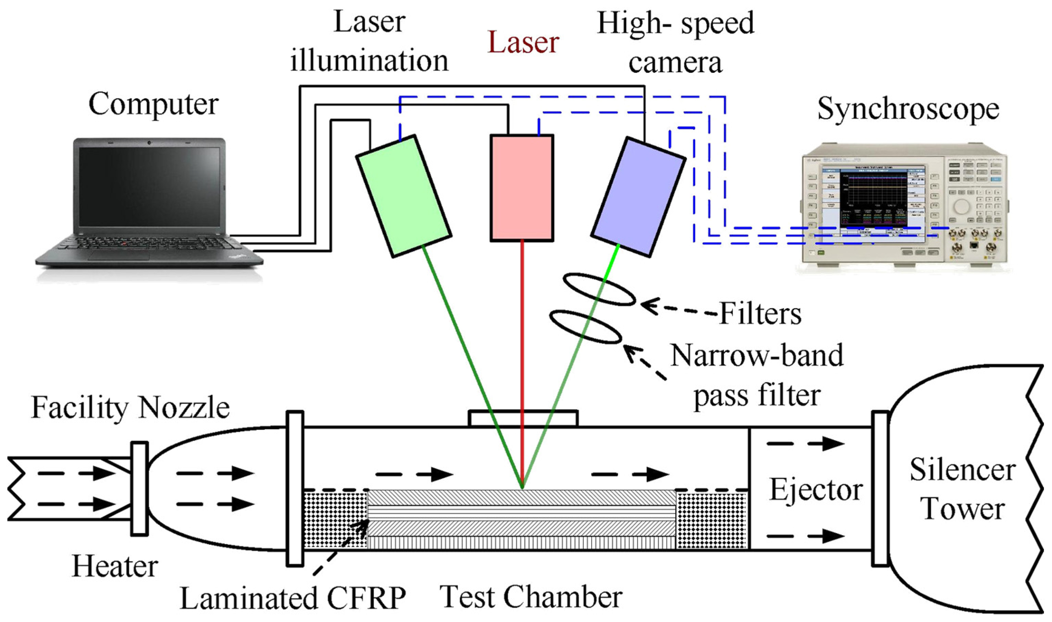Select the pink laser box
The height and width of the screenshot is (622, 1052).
pos(522,188)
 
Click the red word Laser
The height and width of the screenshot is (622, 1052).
pos(523,43)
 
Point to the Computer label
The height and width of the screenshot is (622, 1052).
pos(153,105)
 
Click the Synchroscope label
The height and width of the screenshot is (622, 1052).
pos(908,109)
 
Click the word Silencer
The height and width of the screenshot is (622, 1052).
pos(962,470)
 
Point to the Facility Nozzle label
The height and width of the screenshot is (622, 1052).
pos(130,407)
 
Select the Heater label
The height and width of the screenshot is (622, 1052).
pos(115,567)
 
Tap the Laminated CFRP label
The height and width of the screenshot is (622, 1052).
pos(293,598)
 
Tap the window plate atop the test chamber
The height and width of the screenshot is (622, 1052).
pos(523,418)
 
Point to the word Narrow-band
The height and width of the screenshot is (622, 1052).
pos(757,355)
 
